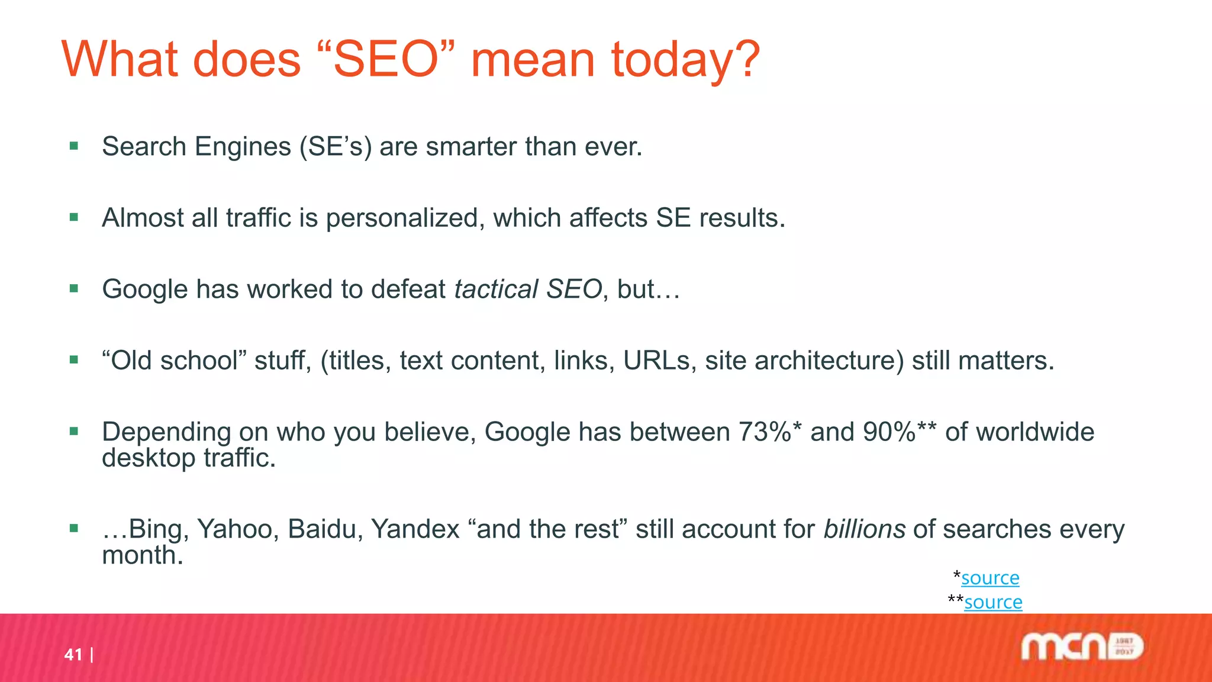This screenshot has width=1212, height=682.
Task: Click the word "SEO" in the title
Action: (385, 60)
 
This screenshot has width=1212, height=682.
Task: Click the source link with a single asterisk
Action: (990, 578)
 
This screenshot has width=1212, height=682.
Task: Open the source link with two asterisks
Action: (993, 602)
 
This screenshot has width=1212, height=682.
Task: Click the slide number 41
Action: (73, 654)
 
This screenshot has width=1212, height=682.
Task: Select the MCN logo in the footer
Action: (1082, 646)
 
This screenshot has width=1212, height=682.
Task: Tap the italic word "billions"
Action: (864, 529)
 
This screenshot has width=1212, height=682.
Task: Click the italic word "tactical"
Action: (496, 289)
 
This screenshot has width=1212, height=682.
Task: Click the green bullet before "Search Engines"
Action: (74, 146)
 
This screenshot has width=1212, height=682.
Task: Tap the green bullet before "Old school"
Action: (74, 359)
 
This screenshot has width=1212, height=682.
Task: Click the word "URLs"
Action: (656, 361)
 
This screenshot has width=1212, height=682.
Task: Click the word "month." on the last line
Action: (143, 555)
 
